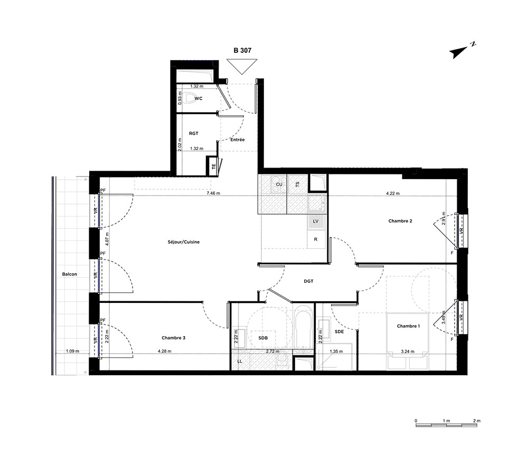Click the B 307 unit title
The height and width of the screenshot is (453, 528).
242,50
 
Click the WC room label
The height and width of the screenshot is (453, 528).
199,98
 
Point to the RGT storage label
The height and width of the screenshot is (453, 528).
194,134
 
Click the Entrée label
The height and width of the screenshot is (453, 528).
238,140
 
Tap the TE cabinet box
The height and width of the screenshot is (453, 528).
213,166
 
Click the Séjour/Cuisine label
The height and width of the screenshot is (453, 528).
184,242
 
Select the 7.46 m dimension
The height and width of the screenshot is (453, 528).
213,193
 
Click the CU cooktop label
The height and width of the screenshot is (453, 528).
279,184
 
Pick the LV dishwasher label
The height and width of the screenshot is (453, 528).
316,221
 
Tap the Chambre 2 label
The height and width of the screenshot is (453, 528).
400,221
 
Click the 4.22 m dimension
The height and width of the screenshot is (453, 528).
393,193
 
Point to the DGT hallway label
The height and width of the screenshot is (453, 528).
308,281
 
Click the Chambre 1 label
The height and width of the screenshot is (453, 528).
409,326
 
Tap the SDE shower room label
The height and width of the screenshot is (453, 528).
340,331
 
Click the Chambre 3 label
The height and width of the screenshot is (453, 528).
173,338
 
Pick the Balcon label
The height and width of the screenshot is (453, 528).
69,274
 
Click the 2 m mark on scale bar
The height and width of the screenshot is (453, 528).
476,421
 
